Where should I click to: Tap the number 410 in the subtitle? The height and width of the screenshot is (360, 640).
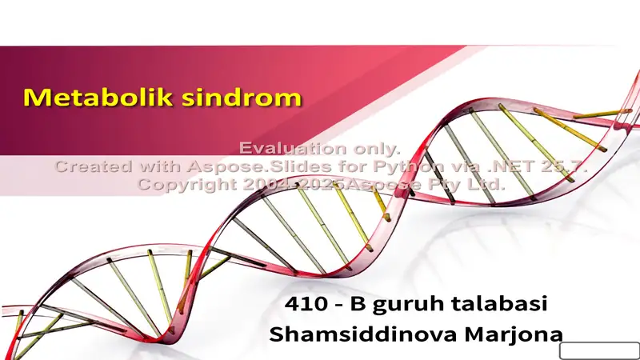pos(306,305)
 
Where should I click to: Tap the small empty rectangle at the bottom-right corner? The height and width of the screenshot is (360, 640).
pos(598,351)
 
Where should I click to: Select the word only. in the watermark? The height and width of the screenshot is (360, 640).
pos(375,149)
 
